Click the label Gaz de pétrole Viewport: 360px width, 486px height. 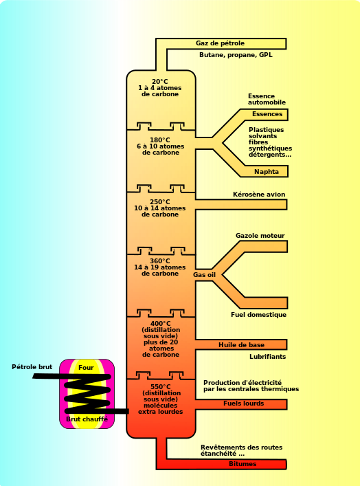tap(220, 43)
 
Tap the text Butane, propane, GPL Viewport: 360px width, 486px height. tap(236, 55)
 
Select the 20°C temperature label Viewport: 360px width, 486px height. tap(160, 82)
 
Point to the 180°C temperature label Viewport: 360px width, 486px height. tap(160, 140)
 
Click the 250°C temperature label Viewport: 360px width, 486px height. tap(160, 202)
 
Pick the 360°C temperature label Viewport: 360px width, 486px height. tap(160, 261)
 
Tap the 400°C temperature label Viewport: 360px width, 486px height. tap(161, 324)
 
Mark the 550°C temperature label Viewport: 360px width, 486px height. tap(161, 387)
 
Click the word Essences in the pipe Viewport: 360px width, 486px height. tap(267, 114)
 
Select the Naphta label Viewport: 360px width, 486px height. tap(267, 172)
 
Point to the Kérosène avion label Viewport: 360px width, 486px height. tap(259, 195)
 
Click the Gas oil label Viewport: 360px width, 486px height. tap(204, 274)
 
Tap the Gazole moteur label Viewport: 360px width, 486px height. tap(260, 236)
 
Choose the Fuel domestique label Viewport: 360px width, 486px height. tap(258, 315)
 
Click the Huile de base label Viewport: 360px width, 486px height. tap(241, 345)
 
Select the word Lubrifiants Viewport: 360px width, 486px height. tap(267, 357)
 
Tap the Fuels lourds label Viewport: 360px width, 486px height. tap(243, 404)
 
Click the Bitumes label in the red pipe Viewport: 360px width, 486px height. tap(243, 464)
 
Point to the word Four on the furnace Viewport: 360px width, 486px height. tap(86, 368)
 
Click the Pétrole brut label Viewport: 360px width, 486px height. tap(32, 367)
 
